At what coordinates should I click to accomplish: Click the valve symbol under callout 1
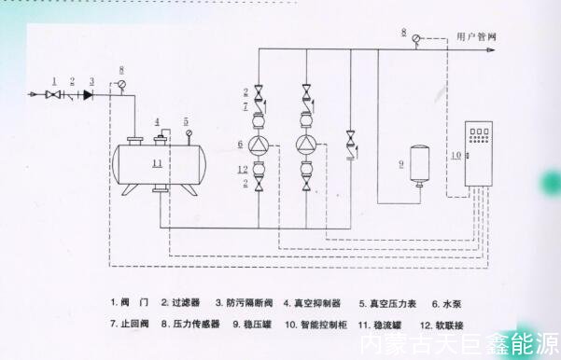[x=55, y=94]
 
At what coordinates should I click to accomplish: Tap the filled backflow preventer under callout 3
[x=90, y=94]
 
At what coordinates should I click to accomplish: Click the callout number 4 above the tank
[x=158, y=121]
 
